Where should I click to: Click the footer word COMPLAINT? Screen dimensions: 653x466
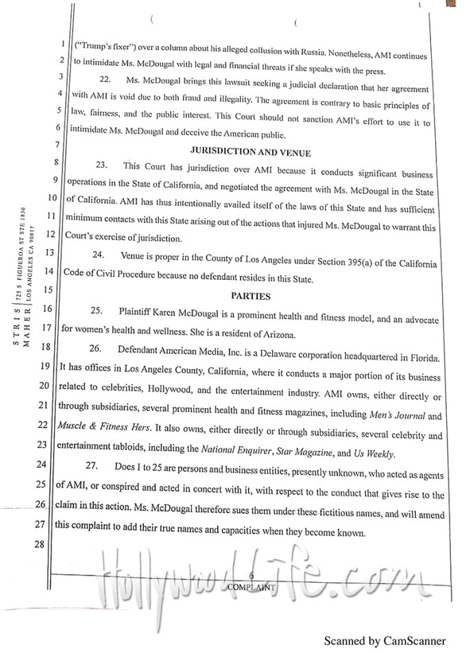coord(252,587)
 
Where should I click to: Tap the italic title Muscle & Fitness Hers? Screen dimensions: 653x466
coord(113,434)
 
